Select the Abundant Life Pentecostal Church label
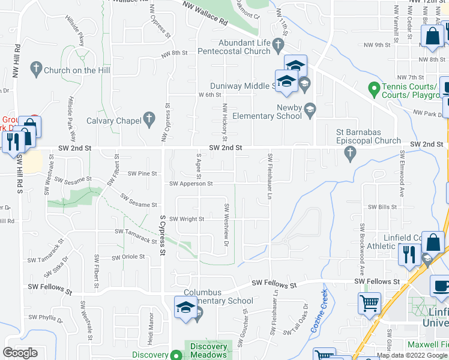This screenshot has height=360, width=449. (x=235, y=47)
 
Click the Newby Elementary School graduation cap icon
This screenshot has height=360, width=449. (x=310, y=109)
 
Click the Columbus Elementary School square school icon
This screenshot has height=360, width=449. (x=184, y=308)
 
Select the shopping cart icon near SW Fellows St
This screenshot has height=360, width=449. (x=369, y=303)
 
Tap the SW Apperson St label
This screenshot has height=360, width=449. (x=191, y=184)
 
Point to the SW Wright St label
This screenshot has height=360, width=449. (x=187, y=219)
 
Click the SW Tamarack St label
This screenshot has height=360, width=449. (x=136, y=235)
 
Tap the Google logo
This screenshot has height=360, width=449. (x=20, y=352)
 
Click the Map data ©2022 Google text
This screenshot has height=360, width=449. (x=412, y=356)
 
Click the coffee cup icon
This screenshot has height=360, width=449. (x=440, y=285)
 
